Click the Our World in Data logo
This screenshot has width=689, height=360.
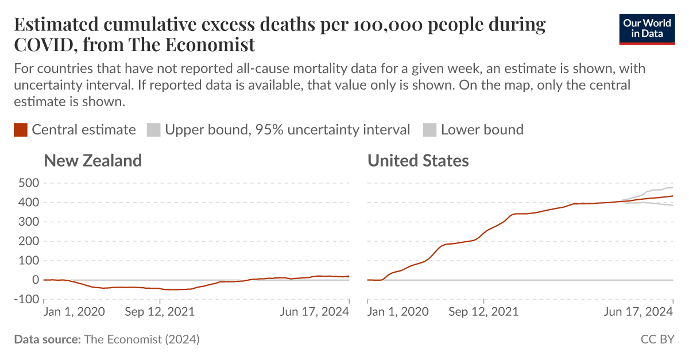point(647,28)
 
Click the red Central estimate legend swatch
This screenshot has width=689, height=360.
point(21,130)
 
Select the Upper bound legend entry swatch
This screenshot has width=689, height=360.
point(153,130)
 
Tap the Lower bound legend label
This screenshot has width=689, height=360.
point(482,130)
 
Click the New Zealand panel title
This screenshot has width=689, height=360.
point(93,161)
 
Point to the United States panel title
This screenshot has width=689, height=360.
point(418,161)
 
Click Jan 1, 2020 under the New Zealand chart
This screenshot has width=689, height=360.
point(74,312)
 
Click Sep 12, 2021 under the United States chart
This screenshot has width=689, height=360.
point(483,312)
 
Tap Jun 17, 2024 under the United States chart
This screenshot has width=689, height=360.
point(639,312)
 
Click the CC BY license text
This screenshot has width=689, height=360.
point(657,339)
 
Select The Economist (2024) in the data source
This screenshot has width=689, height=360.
point(142,339)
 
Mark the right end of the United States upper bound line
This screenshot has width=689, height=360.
point(672,188)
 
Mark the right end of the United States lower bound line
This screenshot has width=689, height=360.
point(672,205)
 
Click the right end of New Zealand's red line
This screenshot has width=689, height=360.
point(349,276)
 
